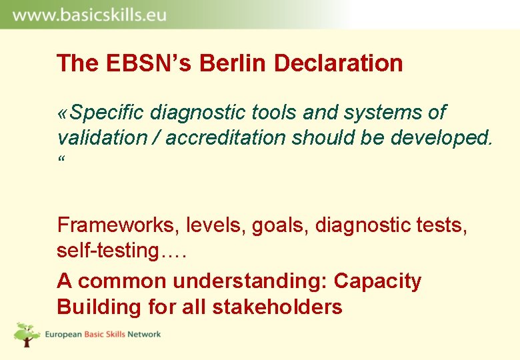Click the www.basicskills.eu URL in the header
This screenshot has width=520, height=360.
[89, 15]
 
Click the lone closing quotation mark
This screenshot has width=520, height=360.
[61, 160]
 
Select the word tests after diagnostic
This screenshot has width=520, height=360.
[445, 225]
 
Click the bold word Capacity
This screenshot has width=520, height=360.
[377, 281]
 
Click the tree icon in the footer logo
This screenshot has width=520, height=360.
[27, 334]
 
